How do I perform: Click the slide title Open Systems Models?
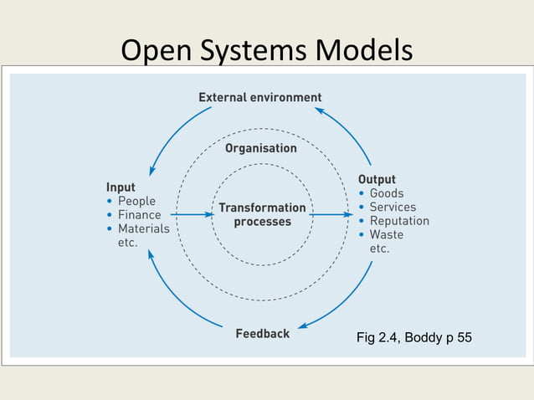267,50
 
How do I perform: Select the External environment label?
259,97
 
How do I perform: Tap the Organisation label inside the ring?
260,148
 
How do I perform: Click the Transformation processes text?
262,214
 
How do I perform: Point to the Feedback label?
262,333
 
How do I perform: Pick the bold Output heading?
377,179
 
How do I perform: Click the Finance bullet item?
139,214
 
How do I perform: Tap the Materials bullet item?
143,228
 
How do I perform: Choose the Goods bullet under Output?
387,193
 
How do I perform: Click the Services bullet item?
393,207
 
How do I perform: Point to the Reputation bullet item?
399,221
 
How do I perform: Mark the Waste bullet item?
386,234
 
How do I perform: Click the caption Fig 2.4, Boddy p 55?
413,338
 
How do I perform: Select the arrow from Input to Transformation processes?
192,214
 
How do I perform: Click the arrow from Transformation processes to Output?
331,214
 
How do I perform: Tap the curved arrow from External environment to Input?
172,134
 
